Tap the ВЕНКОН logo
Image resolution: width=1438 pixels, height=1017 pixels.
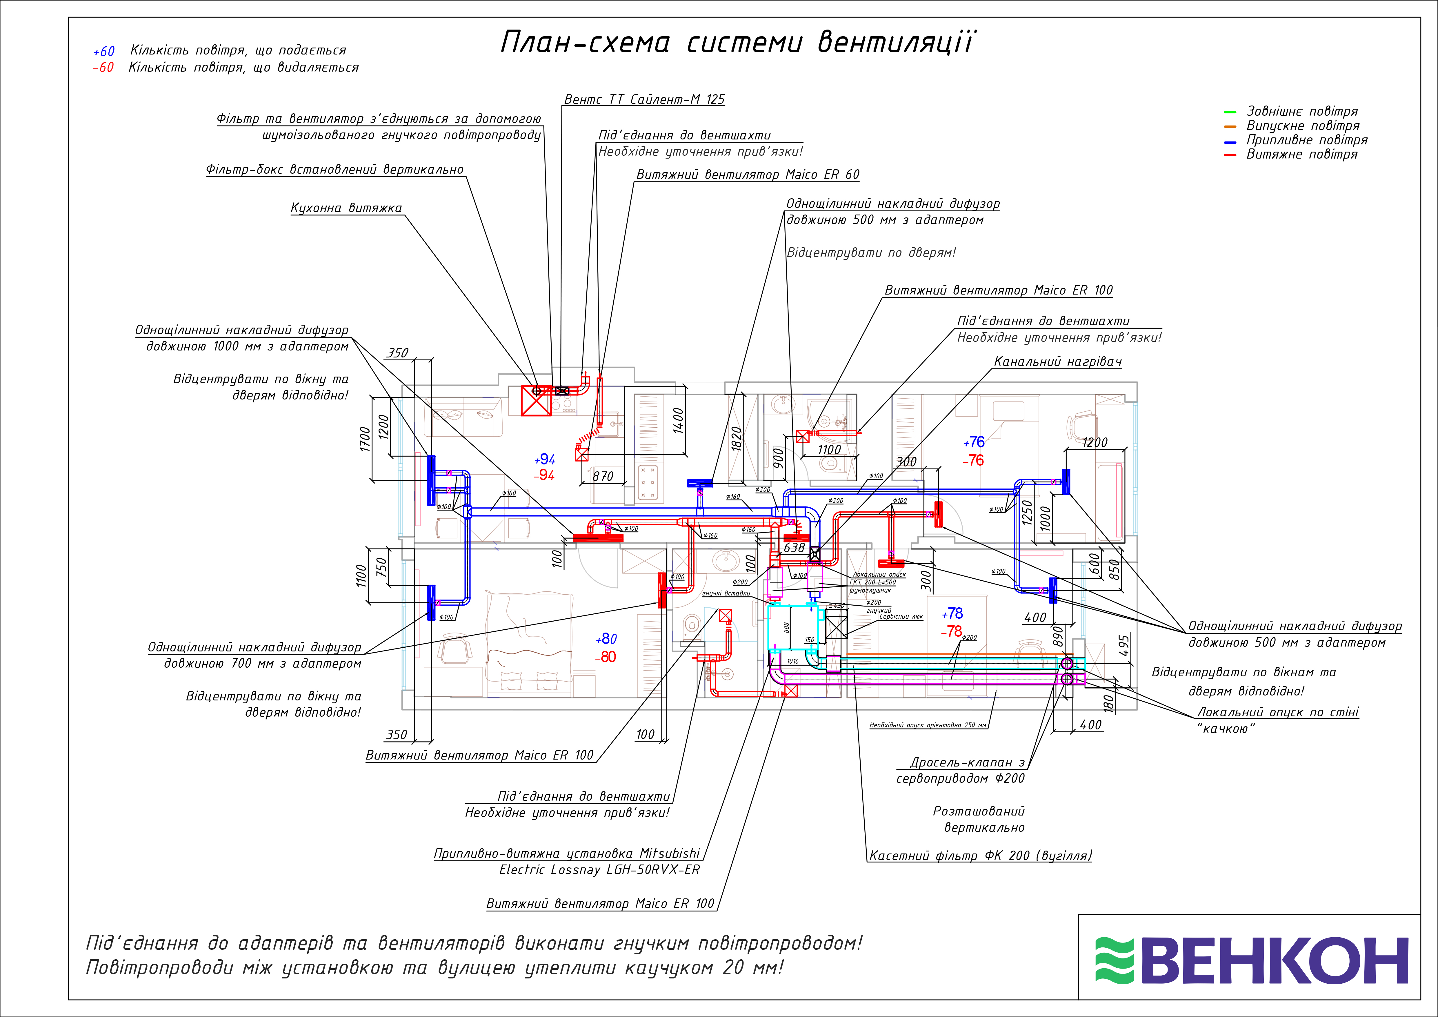tap(1251, 960)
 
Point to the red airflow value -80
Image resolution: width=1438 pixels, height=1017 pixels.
tap(606, 657)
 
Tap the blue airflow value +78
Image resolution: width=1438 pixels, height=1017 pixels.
tap(952, 614)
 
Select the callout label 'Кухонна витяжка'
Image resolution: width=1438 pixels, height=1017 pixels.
tap(346, 208)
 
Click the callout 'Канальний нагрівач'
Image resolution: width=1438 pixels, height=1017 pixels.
tap(1058, 362)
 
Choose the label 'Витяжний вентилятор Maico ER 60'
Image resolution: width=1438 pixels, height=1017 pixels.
tap(748, 175)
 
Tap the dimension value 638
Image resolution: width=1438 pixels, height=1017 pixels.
tap(794, 548)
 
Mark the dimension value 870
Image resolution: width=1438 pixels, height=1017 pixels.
tap(603, 477)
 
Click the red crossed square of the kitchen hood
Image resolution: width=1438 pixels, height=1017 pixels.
tap(537, 401)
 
